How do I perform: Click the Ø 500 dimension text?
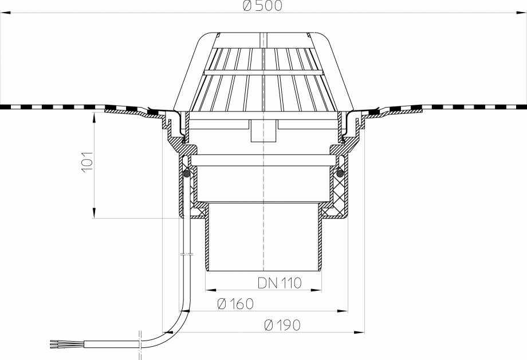263,6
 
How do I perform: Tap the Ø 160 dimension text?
235,304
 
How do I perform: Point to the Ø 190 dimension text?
282,325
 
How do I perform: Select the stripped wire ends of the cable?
61,344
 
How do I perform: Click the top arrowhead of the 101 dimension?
92,115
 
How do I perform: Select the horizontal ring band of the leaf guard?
263,73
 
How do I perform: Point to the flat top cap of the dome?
263,34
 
